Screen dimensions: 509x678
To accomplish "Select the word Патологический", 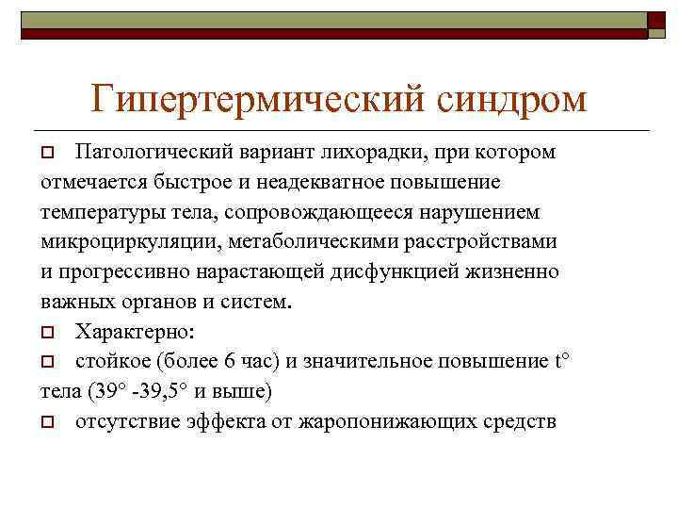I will click(x=149, y=152).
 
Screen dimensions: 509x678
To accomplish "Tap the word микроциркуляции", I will click(x=127, y=241).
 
